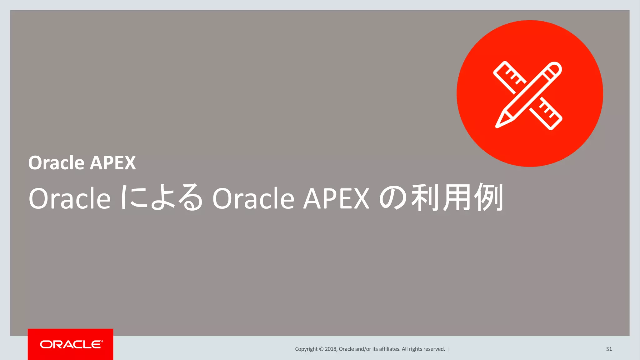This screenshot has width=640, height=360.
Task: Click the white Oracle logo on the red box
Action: [x=71, y=344]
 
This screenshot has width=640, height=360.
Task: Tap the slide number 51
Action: [x=609, y=349]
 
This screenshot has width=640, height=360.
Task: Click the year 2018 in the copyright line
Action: [x=331, y=349]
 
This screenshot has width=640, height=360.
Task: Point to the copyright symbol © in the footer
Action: [x=321, y=349]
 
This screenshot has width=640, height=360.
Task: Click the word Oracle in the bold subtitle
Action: [x=56, y=163]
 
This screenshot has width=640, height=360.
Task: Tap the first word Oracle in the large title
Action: [x=69, y=198]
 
